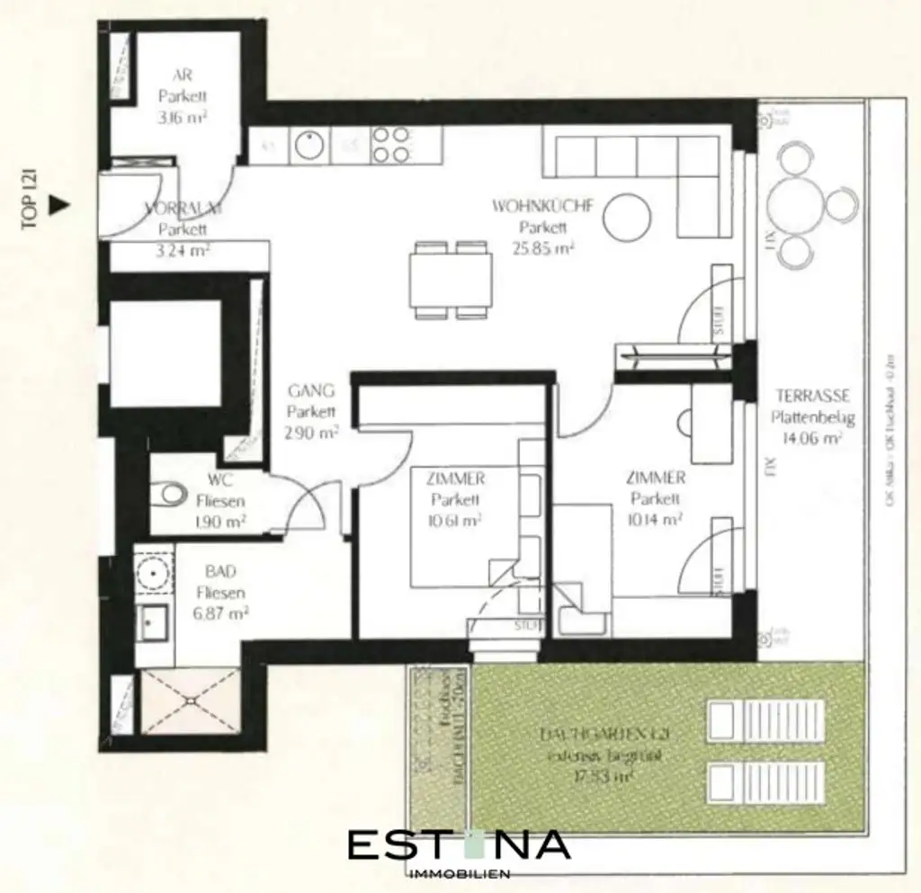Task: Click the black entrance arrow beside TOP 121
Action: coord(58,204)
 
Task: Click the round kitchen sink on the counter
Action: coord(308,146)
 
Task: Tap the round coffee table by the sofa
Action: coord(626,216)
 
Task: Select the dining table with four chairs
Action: coord(451,280)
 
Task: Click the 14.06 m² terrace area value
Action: coord(806,440)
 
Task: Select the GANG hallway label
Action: coord(312,391)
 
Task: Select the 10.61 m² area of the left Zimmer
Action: coord(457,521)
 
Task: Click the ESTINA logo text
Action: coord(459,845)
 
